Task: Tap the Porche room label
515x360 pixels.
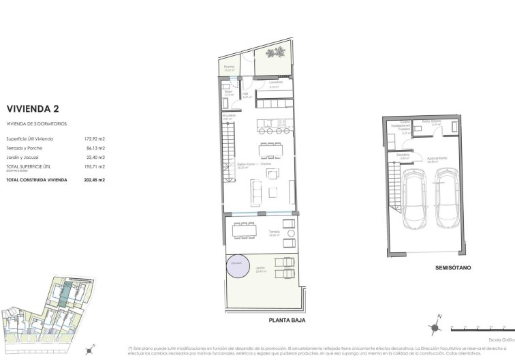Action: (x=230, y=67)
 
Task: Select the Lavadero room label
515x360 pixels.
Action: (x=276, y=82)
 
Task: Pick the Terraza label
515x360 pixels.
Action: (x=275, y=231)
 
